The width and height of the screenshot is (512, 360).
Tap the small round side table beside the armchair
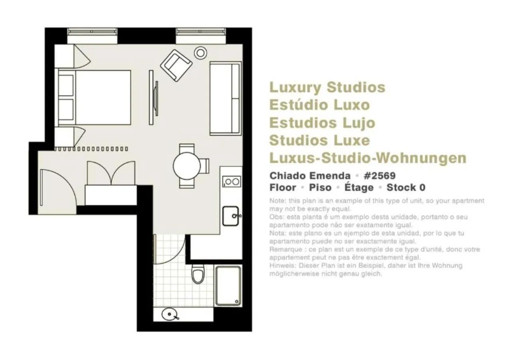200,52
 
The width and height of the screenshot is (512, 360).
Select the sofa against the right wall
225,98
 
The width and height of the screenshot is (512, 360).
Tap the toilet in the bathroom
198,274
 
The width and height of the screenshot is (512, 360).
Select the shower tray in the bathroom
228,286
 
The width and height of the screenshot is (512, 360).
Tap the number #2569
379,176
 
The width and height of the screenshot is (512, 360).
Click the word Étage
359,188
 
